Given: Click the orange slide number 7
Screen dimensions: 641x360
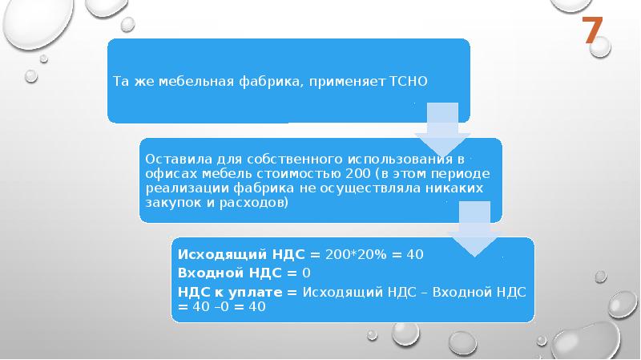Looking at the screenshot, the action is pyautogui.click(x=593, y=30).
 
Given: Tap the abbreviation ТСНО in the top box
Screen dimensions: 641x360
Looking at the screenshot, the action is pyautogui.click(x=408, y=82).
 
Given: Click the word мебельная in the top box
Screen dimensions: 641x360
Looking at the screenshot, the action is pyautogui.click(x=196, y=82).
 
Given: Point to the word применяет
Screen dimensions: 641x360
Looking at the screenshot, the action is pyautogui.click(x=347, y=82).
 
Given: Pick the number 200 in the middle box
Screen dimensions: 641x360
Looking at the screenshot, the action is pyautogui.click(x=357, y=173).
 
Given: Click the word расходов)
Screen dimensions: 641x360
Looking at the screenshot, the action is pyautogui.click(x=254, y=203).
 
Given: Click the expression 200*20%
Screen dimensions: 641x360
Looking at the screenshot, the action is pyautogui.click(x=356, y=254).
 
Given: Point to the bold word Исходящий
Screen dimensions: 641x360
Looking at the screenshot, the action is pyautogui.click(x=223, y=254).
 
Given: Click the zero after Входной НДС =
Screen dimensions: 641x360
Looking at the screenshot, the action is pyautogui.click(x=307, y=273).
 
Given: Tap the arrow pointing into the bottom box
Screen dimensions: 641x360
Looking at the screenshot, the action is pyautogui.click(x=474, y=229).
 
